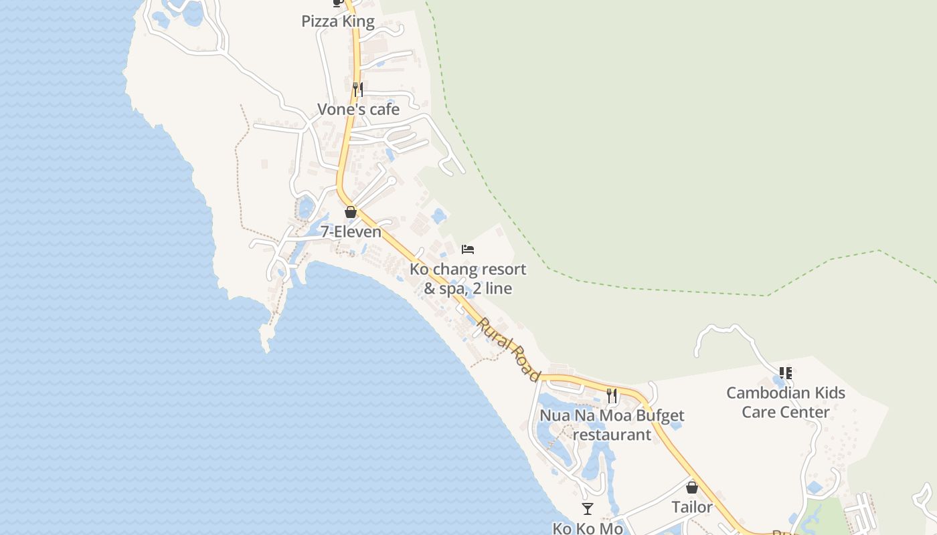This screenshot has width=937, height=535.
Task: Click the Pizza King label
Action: click(x=337, y=21)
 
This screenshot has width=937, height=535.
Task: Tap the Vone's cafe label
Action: click(x=358, y=109)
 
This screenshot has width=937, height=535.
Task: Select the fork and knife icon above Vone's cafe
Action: click(x=358, y=89)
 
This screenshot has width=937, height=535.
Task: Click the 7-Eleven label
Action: click(x=351, y=232)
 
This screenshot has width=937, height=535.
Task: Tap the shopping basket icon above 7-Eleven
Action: click(x=350, y=212)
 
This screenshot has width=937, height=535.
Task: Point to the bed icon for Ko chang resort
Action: click(x=468, y=249)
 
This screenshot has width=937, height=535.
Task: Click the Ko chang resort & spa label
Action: click(x=468, y=279)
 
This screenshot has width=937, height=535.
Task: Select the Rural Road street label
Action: click(x=509, y=349)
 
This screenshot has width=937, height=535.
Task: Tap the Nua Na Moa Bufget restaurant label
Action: click(x=612, y=425)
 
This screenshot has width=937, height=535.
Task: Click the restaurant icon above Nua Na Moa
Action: click(x=612, y=395)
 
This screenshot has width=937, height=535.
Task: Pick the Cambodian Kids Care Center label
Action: click(x=786, y=402)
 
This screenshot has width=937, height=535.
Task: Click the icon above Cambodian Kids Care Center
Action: click(x=786, y=372)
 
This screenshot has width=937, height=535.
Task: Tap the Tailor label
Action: click(x=692, y=508)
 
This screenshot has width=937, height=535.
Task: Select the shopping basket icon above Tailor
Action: click(x=692, y=488)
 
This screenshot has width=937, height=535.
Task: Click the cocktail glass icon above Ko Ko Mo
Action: click(x=588, y=509)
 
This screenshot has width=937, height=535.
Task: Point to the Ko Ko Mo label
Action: click(x=588, y=528)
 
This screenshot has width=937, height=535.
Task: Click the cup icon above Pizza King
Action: click(x=337, y=3)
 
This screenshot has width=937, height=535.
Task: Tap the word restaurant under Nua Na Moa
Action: click(x=612, y=435)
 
